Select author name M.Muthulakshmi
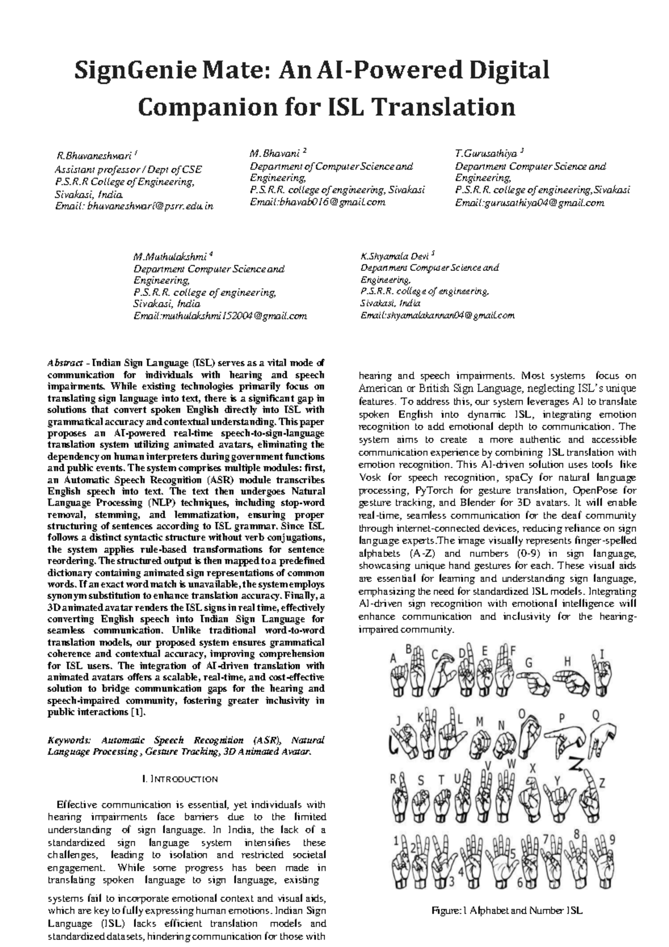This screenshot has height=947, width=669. coord(169,257)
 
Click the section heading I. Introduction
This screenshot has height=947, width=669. coord(180,779)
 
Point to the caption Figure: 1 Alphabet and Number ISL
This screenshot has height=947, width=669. coord(507,911)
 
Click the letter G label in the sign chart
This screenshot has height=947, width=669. coord(529,663)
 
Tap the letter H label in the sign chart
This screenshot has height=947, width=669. coord(568,661)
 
